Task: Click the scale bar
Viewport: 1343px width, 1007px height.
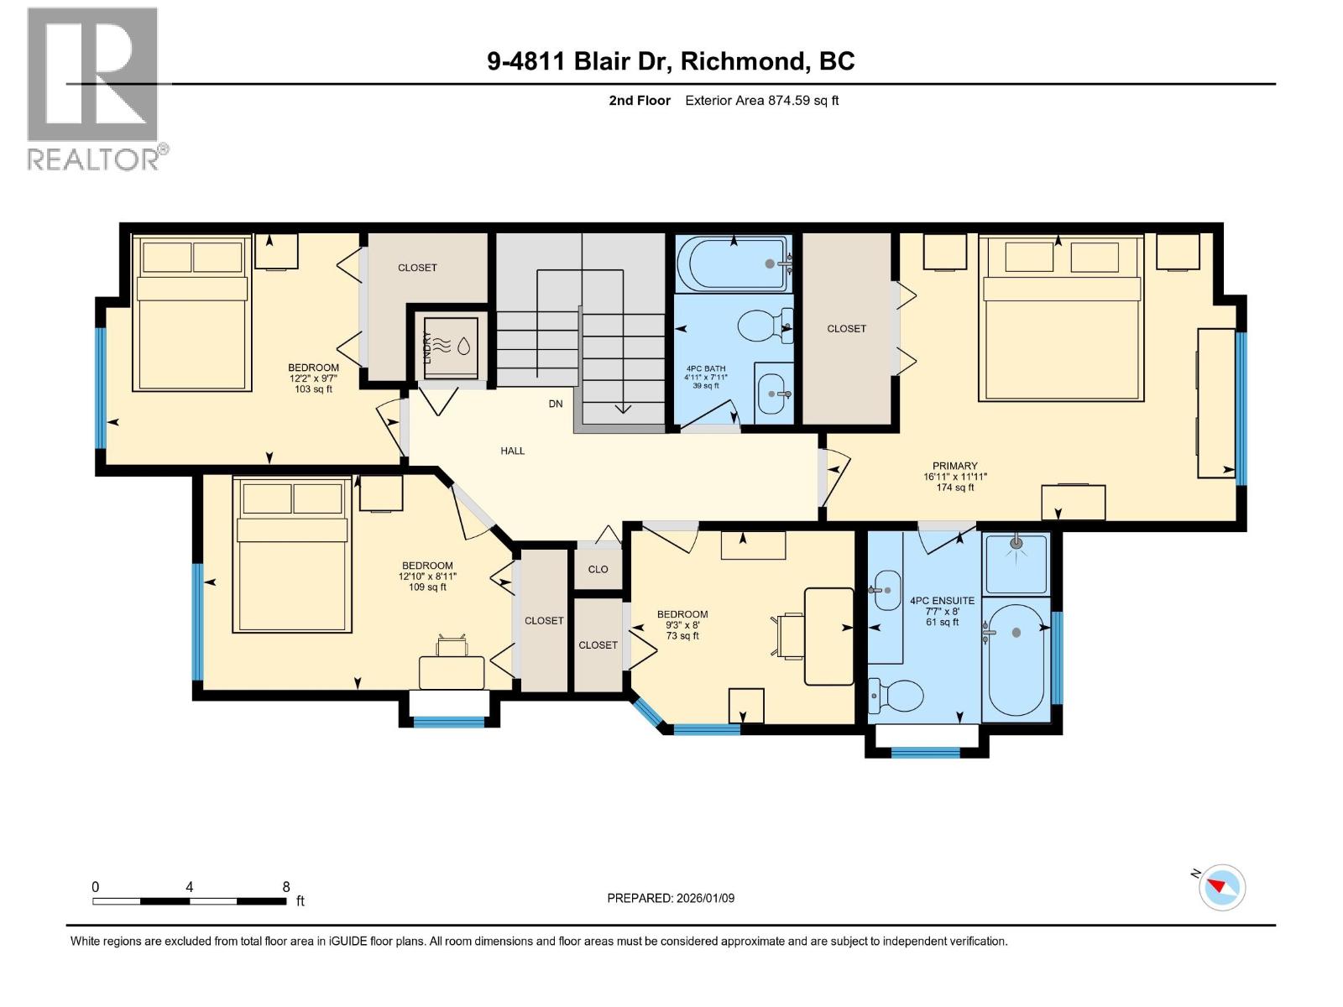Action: [x=190, y=901]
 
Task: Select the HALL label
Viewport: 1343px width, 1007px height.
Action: [x=512, y=451]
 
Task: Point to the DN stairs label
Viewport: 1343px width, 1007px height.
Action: [x=556, y=404]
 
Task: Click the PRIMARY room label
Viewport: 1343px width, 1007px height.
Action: [x=954, y=465]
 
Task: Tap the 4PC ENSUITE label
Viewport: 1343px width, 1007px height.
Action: [x=943, y=600]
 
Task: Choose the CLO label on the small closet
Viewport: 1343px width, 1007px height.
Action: [x=598, y=569]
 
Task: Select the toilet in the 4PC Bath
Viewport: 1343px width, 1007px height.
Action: [x=765, y=326]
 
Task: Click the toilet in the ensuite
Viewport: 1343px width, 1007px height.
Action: [x=896, y=696]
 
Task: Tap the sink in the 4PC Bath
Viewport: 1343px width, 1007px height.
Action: [x=773, y=393]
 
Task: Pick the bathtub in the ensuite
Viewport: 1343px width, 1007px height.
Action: [x=1016, y=660]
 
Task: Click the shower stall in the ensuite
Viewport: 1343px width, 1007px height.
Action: [x=1016, y=563]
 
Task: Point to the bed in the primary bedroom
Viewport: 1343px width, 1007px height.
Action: [x=1061, y=318]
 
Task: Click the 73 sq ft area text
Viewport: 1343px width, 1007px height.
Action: [x=682, y=636]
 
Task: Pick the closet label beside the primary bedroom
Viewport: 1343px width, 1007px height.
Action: [x=846, y=328]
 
